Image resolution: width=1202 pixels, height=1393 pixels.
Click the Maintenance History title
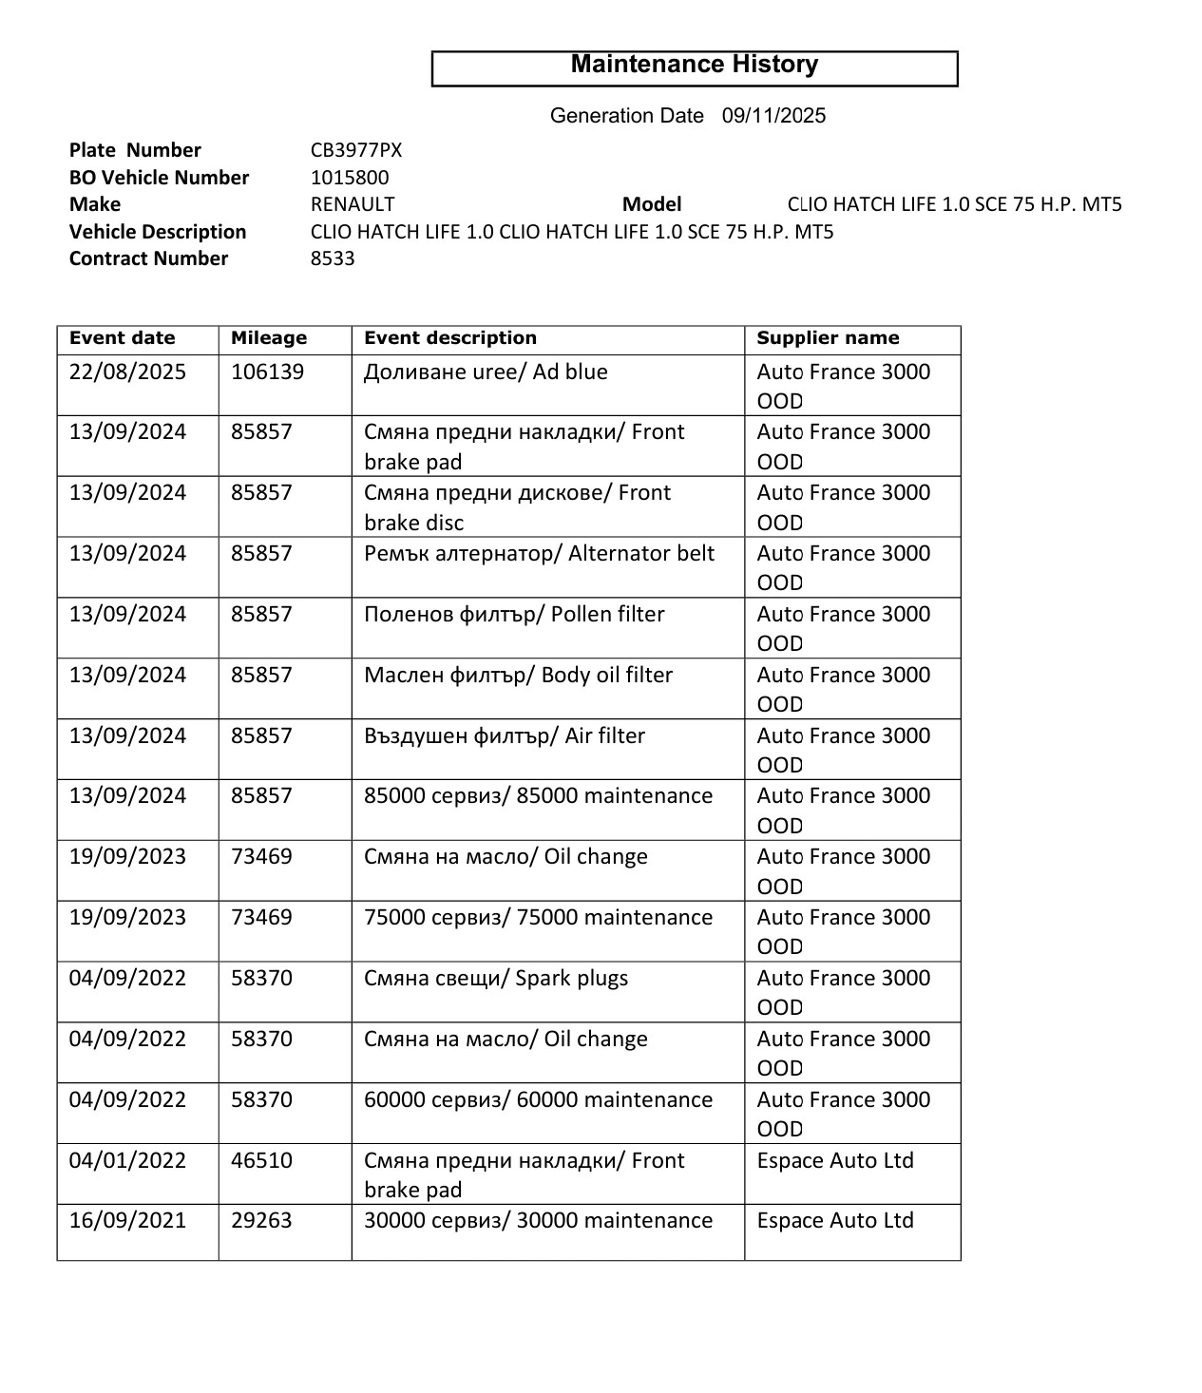[694, 65]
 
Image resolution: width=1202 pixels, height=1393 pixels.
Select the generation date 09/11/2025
[773, 116]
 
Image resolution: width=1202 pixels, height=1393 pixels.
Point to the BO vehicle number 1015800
[350, 178]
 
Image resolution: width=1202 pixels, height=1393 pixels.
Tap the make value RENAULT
[353, 204]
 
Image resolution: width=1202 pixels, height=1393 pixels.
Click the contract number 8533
[333, 258]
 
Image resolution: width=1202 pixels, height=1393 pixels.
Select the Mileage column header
[269, 338]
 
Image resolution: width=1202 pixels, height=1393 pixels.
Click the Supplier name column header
[828, 338]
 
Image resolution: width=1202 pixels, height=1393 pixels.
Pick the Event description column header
[450, 338]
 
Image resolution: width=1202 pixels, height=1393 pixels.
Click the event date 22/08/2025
[127, 372]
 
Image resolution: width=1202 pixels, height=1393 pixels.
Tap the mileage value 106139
[267, 372]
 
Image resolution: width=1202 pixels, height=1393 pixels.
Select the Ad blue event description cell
[486, 372]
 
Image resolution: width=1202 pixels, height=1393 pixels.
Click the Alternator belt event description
[539, 553]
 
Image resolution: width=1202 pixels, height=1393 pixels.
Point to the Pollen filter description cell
[514, 614]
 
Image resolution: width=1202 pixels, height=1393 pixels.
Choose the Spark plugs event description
[496, 978]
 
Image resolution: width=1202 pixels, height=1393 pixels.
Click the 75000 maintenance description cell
[538, 917]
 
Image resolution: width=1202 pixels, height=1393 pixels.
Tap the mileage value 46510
[261, 1160]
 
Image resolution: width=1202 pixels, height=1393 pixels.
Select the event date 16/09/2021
[127, 1220]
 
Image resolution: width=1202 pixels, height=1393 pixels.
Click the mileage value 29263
[261, 1220]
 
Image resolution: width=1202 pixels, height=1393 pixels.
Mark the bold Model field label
[652, 204]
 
